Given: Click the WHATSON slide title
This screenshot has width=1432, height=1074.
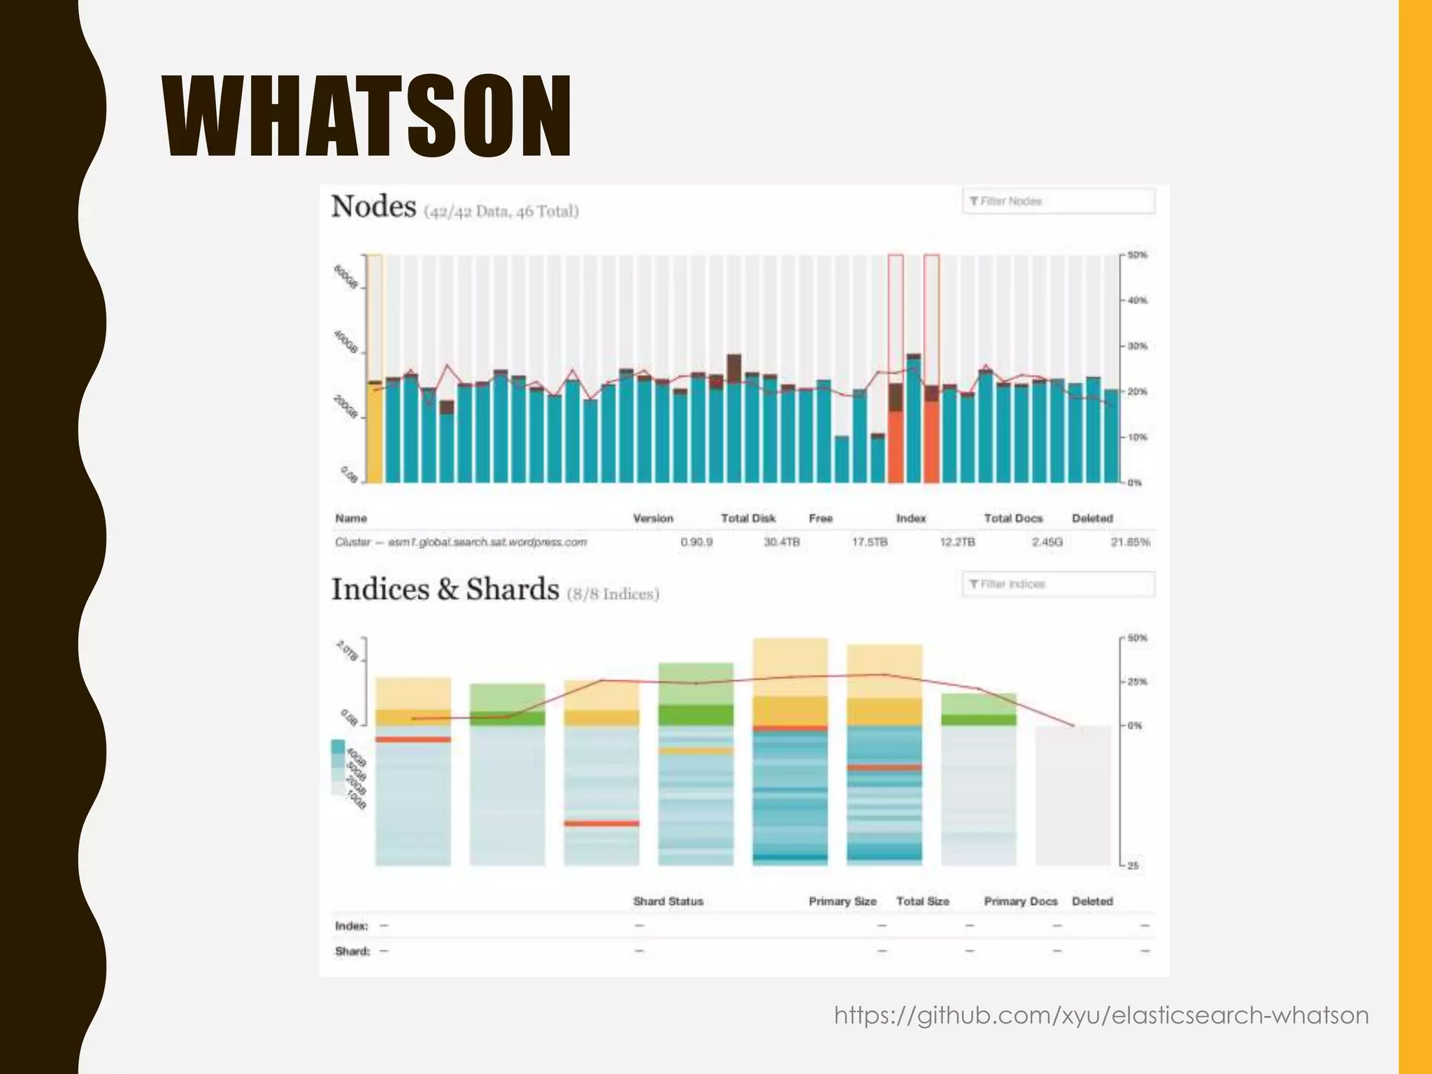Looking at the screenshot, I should [368, 116].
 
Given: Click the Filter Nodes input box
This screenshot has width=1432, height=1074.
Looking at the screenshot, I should [1058, 201].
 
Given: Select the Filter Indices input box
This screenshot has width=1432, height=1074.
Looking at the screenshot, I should [1058, 584].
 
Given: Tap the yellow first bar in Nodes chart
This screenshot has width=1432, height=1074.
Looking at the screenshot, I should [375, 434].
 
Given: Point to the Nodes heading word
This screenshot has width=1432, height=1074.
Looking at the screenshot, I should [374, 207].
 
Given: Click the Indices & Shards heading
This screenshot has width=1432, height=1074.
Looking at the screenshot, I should [445, 589].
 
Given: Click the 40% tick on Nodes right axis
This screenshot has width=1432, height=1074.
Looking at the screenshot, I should [1137, 301].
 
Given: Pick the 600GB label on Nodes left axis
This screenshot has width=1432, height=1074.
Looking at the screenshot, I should [345, 278].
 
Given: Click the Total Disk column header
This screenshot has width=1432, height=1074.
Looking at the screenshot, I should [748, 518].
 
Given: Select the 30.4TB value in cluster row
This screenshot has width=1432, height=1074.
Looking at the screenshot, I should [781, 542].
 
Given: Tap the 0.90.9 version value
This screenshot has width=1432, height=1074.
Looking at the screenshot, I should [696, 542].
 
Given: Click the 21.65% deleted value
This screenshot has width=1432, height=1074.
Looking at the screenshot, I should [1130, 542].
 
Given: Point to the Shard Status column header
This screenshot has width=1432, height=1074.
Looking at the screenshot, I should [668, 901].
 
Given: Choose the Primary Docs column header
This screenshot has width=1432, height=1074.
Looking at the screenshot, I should [1020, 901].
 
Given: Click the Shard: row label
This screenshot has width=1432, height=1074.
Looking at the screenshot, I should [352, 951].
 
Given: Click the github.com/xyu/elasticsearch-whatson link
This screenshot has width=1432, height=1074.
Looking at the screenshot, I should [1101, 1015].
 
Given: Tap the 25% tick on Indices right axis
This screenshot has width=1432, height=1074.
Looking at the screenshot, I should [1137, 682].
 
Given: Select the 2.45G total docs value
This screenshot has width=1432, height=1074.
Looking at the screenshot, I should [1047, 542].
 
